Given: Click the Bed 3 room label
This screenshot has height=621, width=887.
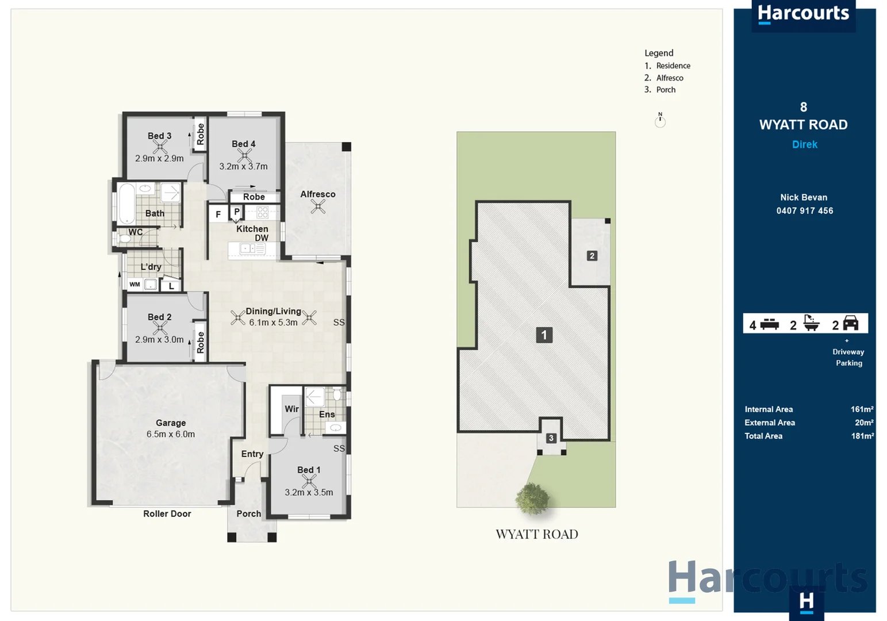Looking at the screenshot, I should (x=159, y=136).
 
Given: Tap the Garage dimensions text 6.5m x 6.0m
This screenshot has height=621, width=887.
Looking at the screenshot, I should (x=171, y=434).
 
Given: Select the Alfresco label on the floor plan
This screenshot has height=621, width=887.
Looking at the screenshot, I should (x=317, y=194).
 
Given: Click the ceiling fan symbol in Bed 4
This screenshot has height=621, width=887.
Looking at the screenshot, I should (x=244, y=155).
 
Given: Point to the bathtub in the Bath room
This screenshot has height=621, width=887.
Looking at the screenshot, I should (x=126, y=204).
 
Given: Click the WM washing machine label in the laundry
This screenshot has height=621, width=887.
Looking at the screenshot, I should (x=135, y=284).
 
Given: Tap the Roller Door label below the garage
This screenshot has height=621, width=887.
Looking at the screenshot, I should (x=167, y=513).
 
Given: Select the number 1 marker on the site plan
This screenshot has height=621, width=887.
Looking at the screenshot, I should (x=544, y=335).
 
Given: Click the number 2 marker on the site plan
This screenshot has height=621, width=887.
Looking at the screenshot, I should (x=592, y=256).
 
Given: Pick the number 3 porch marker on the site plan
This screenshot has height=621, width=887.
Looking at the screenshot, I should (x=551, y=438).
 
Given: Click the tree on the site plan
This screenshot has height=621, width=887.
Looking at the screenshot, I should (x=533, y=498).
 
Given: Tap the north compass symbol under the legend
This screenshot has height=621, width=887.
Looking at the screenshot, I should (x=660, y=120).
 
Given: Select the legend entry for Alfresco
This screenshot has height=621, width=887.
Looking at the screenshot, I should (x=669, y=78).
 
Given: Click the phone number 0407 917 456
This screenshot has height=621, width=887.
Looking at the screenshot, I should (x=804, y=210).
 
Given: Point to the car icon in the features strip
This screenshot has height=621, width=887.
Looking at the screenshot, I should (x=850, y=323).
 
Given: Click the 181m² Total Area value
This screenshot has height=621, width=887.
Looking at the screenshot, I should (x=862, y=436).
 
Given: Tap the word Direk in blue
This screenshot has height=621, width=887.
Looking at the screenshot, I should (x=804, y=144).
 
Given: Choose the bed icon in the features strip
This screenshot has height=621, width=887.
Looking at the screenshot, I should (x=769, y=324).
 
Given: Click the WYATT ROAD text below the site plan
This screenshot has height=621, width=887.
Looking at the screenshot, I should (x=537, y=534).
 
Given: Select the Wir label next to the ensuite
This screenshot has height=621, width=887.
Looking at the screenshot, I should (x=291, y=409).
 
